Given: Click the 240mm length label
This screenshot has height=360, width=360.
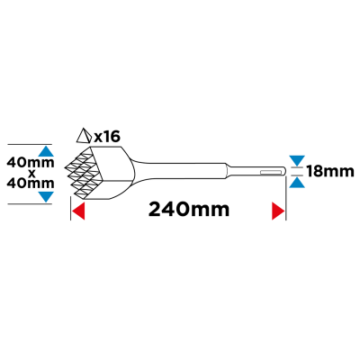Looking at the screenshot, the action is [x=189, y=209].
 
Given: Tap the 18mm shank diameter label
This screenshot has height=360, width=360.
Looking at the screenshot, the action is [x=330, y=172].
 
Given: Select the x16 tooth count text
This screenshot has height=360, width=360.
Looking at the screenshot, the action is [x=107, y=137].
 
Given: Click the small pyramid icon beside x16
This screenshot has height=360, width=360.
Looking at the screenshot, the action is [x=84, y=136].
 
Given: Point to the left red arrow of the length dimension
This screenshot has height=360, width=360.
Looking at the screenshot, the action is [x=78, y=211].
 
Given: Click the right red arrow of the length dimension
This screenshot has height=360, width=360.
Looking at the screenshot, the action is [x=278, y=211].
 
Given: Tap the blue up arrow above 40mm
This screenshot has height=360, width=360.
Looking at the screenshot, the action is [x=46, y=151].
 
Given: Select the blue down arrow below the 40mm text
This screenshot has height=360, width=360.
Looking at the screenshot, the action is [x=46, y=197].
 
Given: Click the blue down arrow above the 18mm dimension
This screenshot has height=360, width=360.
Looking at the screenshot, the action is [x=297, y=160].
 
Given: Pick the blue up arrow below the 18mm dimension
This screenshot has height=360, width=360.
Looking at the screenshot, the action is [x=297, y=183].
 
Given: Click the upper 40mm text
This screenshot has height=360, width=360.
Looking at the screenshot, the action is [x=31, y=163].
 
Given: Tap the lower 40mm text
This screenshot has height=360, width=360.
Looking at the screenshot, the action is [x=31, y=183].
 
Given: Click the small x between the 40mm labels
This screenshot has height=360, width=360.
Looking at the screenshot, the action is [x=32, y=173].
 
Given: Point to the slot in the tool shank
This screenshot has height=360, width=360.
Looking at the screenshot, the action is [x=273, y=172].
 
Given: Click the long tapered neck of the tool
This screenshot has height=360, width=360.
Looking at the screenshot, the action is [x=180, y=172].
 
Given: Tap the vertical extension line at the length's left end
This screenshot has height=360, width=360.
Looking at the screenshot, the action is [x=70, y=209].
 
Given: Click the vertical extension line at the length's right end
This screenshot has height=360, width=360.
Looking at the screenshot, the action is [x=285, y=198].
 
